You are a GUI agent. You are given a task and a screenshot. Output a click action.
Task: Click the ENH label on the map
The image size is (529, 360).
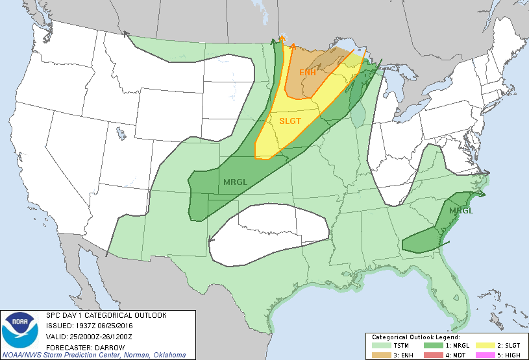pos(307,72)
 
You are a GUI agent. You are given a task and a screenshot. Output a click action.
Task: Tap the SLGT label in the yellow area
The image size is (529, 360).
pos(290,121)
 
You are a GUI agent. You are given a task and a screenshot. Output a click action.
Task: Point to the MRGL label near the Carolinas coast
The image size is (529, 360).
pos(461,211)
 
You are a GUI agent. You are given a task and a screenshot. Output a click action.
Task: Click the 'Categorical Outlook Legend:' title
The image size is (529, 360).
pos(415,337)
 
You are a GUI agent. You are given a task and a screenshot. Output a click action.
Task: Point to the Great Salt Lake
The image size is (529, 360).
pos(121,134)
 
